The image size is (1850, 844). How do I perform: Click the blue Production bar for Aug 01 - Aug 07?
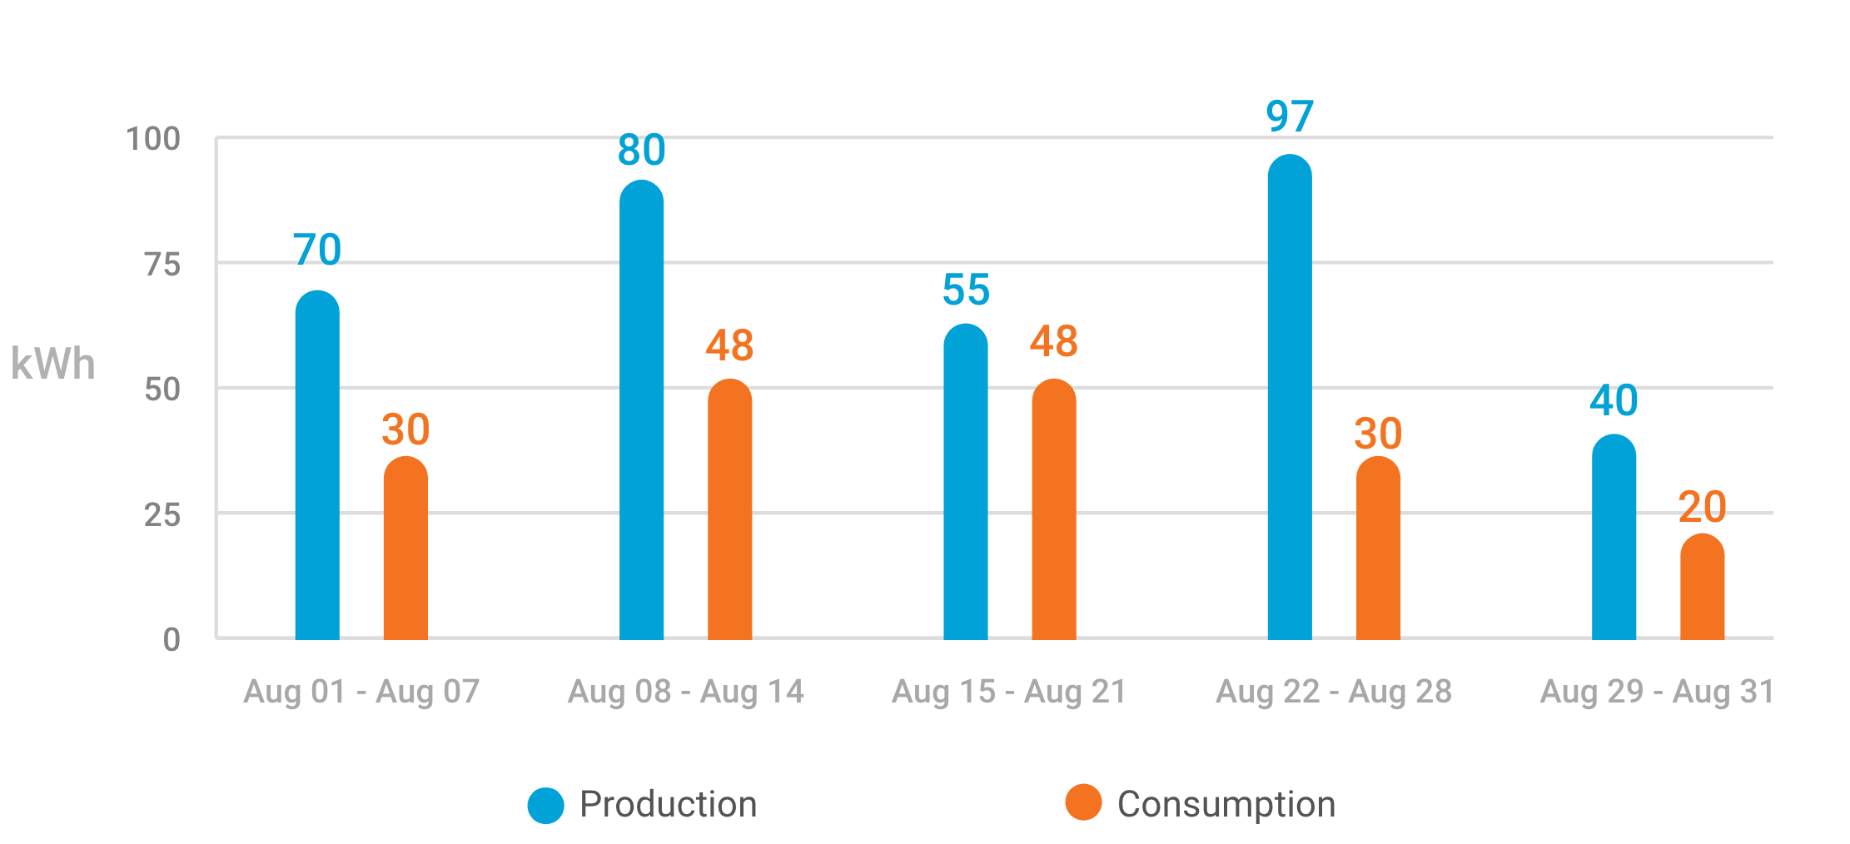[x=317, y=466]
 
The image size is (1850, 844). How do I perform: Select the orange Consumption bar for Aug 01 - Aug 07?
[x=405, y=549]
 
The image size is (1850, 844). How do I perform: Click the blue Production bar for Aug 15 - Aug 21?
[x=965, y=483]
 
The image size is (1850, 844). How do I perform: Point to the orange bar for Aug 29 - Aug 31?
[x=1702, y=588]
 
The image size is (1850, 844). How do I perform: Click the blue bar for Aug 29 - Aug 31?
[x=1614, y=538]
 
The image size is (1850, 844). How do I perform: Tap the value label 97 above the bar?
[x=1290, y=117]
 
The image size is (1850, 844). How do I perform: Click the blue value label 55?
[x=966, y=290]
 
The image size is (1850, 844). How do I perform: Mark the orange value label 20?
[x=1702, y=507]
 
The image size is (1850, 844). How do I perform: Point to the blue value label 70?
[x=317, y=250]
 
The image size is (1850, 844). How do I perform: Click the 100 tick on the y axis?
[x=153, y=139]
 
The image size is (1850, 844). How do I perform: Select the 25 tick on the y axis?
[x=162, y=515]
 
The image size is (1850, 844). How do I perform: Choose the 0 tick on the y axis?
[x=172, y=640]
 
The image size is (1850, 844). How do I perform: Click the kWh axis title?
[x=52, y=365]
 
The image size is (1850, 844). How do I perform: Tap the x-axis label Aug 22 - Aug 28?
[x=1334, y=692]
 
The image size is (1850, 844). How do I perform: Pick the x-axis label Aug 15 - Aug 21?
[x=1009, y=692]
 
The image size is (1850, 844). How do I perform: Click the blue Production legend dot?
[x=546, y=805]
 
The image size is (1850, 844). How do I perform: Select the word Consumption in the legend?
[x=1226, y=805]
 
